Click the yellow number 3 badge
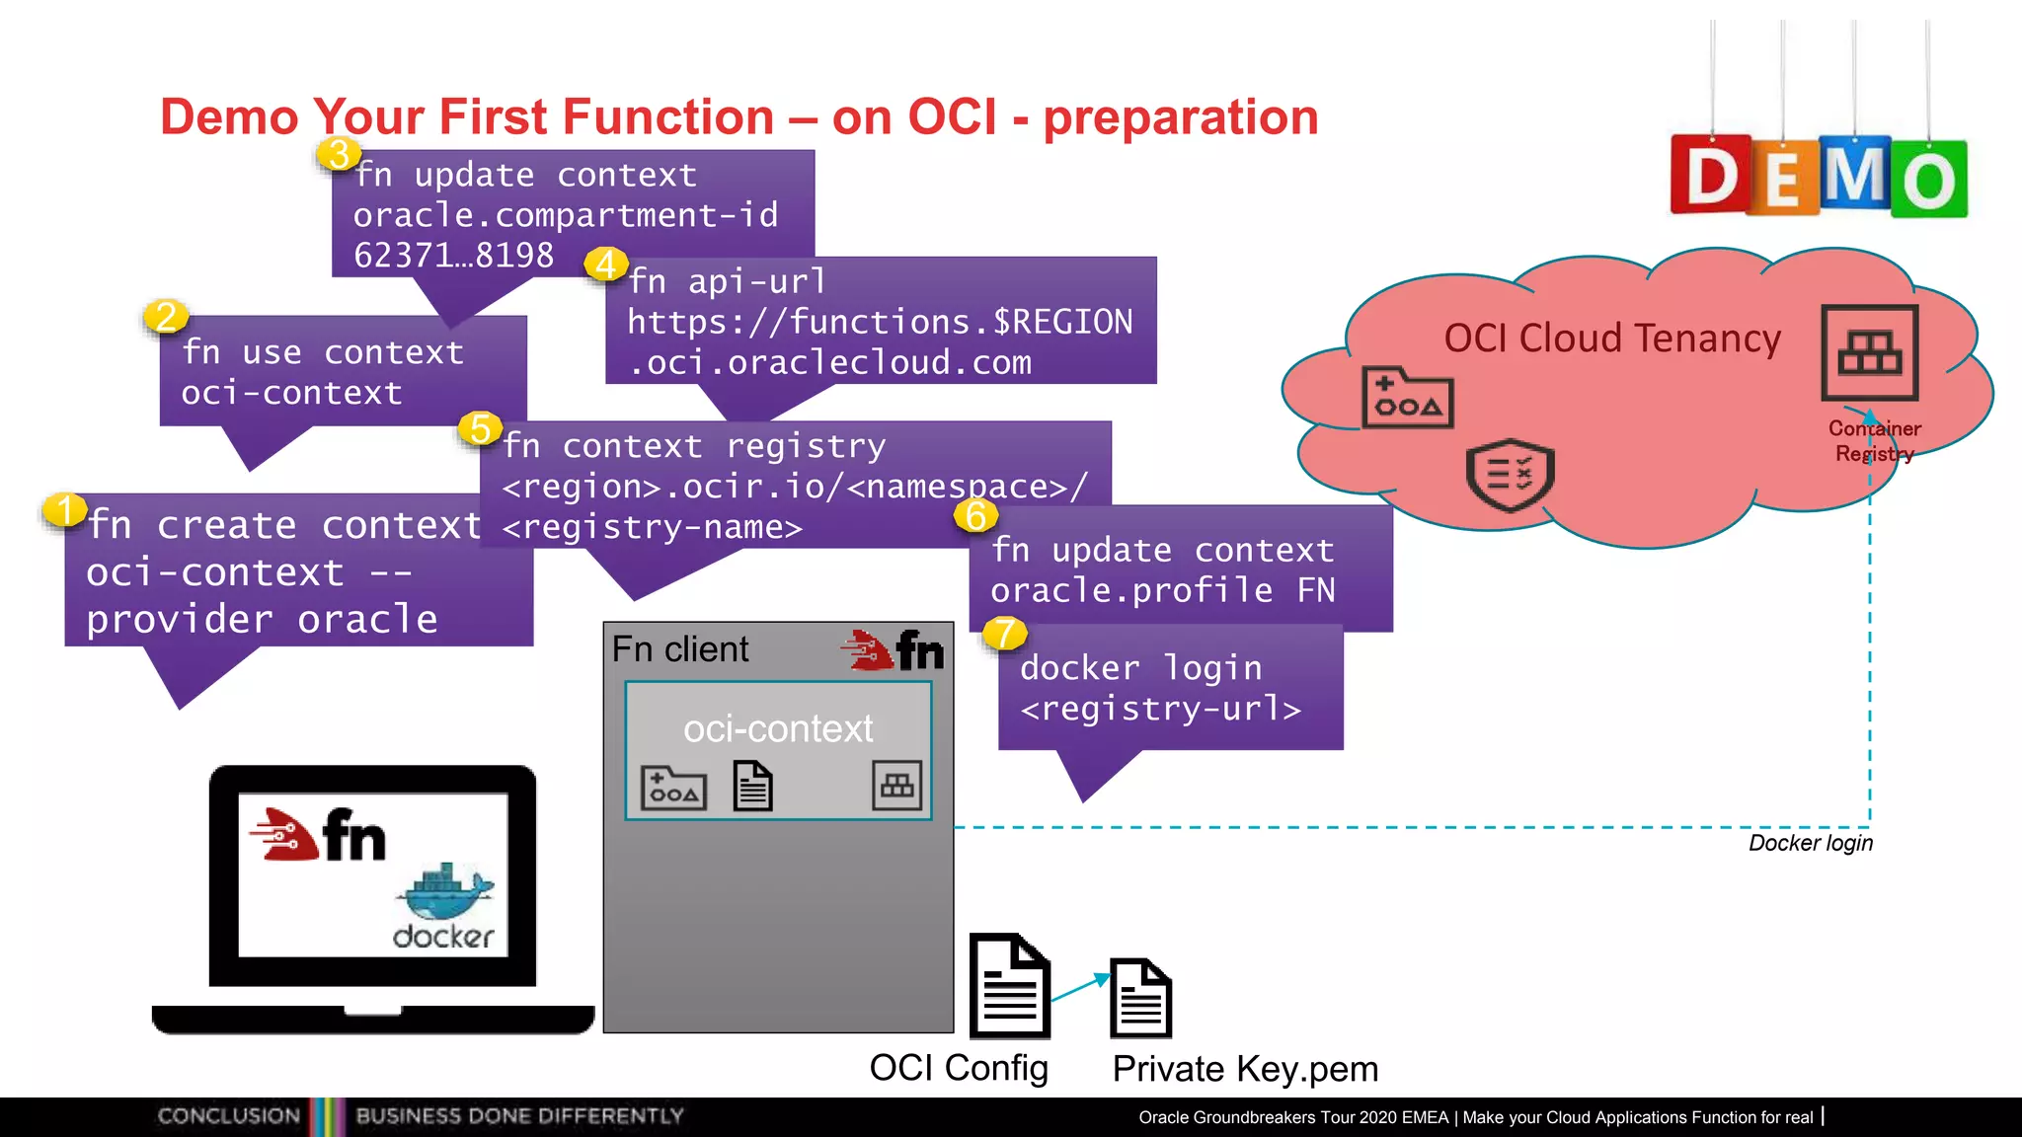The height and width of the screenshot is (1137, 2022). [x=339, y=154]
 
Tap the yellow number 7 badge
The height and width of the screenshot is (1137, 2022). [x=1005, y=633]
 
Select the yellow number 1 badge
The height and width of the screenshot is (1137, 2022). [x=65, y=510]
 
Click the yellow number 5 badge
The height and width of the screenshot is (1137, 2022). [x=481, y=428]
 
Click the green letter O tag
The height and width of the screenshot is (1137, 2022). [x=1929, y=180]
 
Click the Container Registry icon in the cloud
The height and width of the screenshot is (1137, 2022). [x=1869, y=352]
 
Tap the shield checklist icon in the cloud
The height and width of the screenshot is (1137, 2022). [x=1510, y=474]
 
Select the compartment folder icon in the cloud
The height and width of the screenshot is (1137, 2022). [x=1407, y=398]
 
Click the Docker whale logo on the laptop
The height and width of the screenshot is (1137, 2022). [x=444, y=892]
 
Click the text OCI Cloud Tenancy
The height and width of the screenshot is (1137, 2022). [x=1611, y=339]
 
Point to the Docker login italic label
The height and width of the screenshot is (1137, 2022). [x=1810, y=843]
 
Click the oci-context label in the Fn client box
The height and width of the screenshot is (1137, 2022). [x=778, y=728]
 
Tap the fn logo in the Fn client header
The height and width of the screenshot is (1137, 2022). [x=894, y=650]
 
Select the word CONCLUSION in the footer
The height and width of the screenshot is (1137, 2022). [x=229, y=1115]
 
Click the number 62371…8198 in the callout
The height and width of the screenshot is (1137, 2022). [x=453, y=256]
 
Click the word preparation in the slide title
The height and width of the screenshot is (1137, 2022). [x=1180, y=117]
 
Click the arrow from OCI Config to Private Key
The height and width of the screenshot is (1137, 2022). [x=1080, y=986]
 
